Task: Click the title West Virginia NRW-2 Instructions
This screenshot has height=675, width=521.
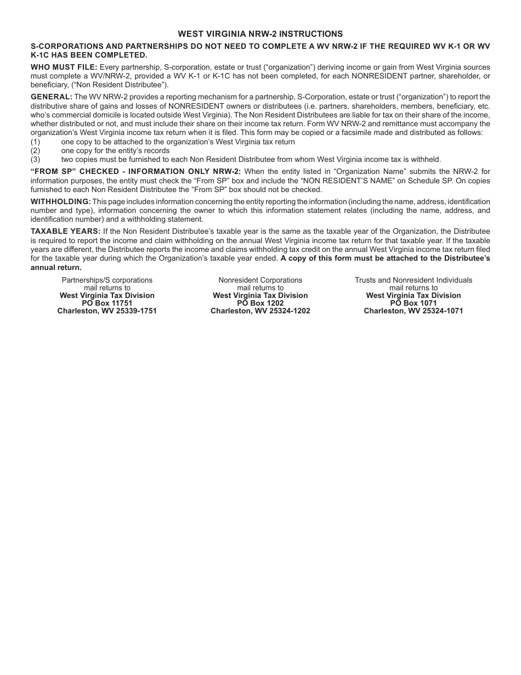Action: click(x=260, y=34)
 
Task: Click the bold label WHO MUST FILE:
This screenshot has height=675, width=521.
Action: click(x=64, y=67)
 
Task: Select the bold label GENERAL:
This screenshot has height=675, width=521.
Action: click(x=51, y=97)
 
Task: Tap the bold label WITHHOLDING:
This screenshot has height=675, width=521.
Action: click(x=60, y=202)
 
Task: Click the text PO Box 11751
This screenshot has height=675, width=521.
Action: click(x=107, y=303)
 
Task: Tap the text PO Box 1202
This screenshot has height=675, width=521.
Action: click(x=260, y=303)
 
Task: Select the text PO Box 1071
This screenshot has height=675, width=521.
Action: click(x=413, y=303)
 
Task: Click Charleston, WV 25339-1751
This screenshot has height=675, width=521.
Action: click(x=107, y=311)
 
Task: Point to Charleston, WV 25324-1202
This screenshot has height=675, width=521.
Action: click(x=260, y=311)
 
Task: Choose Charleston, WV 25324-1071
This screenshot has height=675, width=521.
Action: click(x=413, y=311)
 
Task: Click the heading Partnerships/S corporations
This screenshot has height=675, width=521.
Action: click(x=107, y=280)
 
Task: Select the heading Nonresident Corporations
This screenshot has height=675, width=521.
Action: click(x=260, y=280)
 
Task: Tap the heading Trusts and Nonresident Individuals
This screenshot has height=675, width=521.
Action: click(x=413, y=280)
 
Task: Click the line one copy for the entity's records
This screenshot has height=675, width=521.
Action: click(x=115, y=150)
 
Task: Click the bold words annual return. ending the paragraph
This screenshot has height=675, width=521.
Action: click(x=56, y=268)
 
